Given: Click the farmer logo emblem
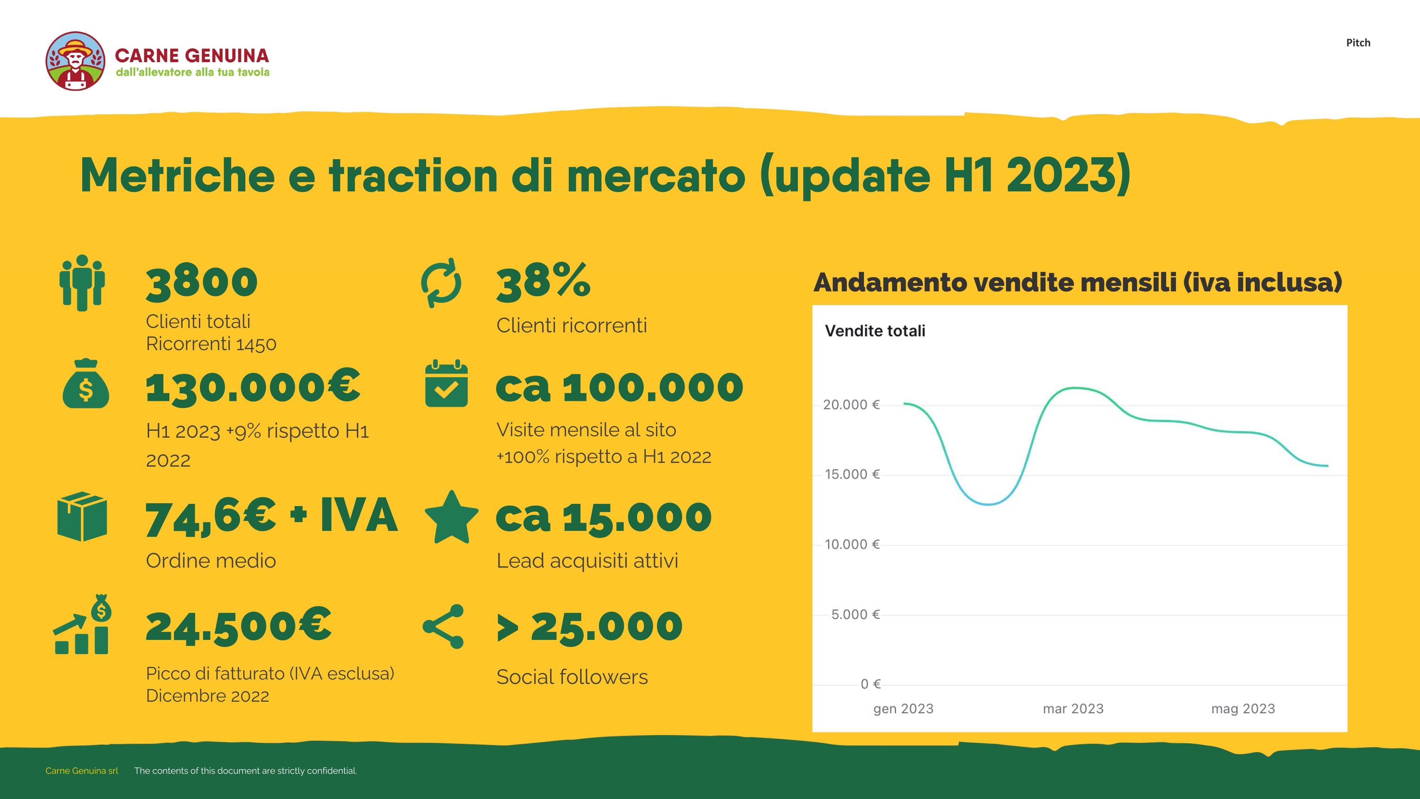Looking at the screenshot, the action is tap(76, 61).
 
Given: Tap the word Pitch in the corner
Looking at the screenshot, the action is tap(1358, 43).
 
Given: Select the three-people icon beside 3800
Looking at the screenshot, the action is tap(82, 283).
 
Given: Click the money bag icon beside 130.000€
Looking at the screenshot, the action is tap(86, 384).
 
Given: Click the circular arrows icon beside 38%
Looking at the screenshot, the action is tap(441, 283).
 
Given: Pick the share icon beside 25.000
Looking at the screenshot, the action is tap(444, 626).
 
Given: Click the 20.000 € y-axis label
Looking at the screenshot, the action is tap(851, 405).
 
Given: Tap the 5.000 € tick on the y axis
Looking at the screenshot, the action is tap(855, 614).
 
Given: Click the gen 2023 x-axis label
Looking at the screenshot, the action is tap(903, 708).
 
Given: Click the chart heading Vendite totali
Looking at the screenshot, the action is tap(875, 331).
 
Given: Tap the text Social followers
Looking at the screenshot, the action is tap(572, 676).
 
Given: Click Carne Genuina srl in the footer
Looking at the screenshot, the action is tap(82, 771).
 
